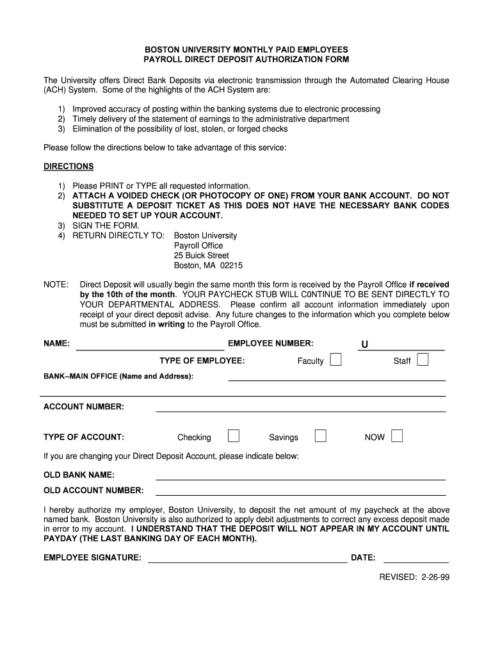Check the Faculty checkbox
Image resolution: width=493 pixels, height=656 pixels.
click(x=335, y=360)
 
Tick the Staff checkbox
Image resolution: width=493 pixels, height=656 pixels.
click(x=423, y=360)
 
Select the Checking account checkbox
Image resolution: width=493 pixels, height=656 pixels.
click(x=234, y=436)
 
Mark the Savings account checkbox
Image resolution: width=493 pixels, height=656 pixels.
click(x=321, y=436)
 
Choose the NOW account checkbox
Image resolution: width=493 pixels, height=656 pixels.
click(x=397, y=436)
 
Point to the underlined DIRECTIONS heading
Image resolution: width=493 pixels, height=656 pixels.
click(x=69, y=167)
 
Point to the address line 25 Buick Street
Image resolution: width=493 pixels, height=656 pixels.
click(x=202, y=256)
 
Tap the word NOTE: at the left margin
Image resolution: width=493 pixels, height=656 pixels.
click(x=56, y=284)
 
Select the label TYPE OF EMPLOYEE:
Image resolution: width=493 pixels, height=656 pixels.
click(x=202, y=361)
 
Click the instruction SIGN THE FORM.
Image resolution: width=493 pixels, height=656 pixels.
click(x=106, y=225)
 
